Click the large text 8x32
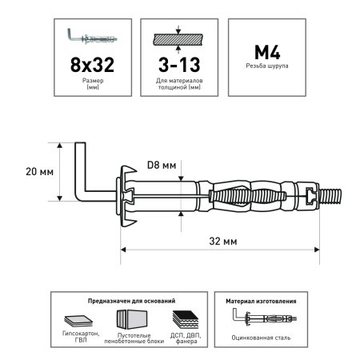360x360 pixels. coord(92,65)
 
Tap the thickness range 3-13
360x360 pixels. coord(179,65)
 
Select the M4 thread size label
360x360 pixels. coord(267,52)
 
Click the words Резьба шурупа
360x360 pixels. coord(267,66)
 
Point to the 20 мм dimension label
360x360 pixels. coord(39,171)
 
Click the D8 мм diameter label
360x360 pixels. coord(162,166)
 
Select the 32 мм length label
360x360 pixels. coord(223,241)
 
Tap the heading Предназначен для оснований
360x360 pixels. coord(131,301)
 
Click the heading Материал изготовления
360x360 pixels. coord(261,301)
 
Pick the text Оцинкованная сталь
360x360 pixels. coord(261,338)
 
